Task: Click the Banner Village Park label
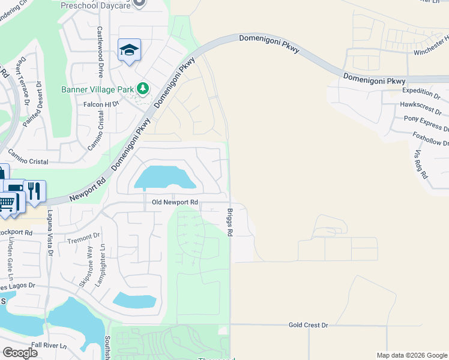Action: pos(98,90)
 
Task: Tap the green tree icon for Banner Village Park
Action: pos(143,89)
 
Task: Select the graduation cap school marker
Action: pos(129,50)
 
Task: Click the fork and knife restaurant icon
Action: pos(34,190)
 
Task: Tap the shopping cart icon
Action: pos(7,203)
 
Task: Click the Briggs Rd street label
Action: pos(230,222)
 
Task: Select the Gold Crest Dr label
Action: pos(308,325)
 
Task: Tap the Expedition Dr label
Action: pos(421,92)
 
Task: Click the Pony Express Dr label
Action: pos(426,124)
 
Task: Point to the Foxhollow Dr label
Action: pos(430,139)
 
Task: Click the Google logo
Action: pos(20,353)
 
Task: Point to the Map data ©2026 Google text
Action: pos(411,355)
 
